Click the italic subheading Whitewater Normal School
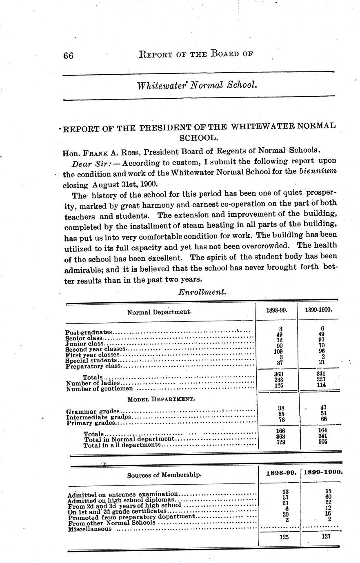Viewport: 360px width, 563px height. pyautogui.click(x=197, y=86)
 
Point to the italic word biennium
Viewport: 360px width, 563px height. pyautogui.click(x=318, y=171)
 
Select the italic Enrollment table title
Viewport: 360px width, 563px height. pyautogui.click(x=202, y=292)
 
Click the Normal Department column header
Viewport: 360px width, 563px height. pyautogui.click(x=159, y=312)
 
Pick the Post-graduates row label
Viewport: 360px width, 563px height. pyautogui.click(x=89, y=332)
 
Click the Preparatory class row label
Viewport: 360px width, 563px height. pyautogui.click(x=93, y=366)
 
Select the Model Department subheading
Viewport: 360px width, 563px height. pyautogui.click(x=161, y=399)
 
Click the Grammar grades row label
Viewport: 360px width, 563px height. pyautogui.click(x=93, y=412)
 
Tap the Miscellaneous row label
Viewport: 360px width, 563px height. pyautogui.click(x=89, y=529)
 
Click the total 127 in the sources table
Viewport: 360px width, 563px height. pyautogui.click(x=325, y=536)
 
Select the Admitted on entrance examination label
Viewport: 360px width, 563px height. pyautogui.click(x=123, y=494)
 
